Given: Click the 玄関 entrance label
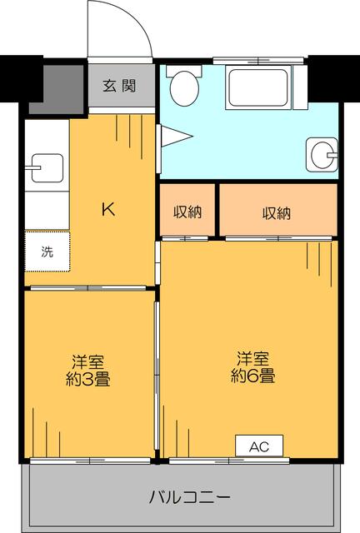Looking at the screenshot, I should [x=120, y=85].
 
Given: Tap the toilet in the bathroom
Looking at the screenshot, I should [x=182, y=85].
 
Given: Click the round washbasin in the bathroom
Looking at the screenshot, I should [x=321, y=152].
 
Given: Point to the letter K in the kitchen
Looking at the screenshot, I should [x=107, y=209].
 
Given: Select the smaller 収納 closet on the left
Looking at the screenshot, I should [x=187, y=212].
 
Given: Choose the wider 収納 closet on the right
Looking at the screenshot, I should [x=277, y=212].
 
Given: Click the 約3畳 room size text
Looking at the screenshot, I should [x=88, y=379].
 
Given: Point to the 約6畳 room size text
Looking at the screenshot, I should [x=253, y=376].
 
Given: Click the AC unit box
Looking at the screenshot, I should [x=258, y=446].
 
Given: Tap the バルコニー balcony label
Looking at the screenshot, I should [x=190, y=498].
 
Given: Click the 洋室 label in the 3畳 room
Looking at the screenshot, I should [x=87, y=362].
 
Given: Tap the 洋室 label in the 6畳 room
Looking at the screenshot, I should [x=253, y=359].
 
